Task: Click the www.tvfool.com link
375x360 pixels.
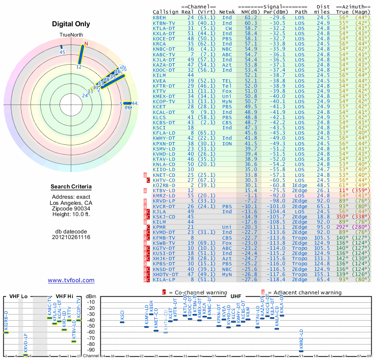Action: coord(71,280)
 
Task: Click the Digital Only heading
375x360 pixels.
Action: coord(71,24)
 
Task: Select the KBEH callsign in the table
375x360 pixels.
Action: coord(159,17)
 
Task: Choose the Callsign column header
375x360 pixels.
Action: coord(165,11)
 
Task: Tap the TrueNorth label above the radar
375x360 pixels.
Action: coord(71,36)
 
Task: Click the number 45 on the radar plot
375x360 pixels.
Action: coord(62,52)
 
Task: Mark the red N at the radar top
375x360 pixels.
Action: coord(86,44)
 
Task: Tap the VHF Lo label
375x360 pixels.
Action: coord(18,296)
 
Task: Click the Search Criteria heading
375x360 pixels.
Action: coord(71,187)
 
